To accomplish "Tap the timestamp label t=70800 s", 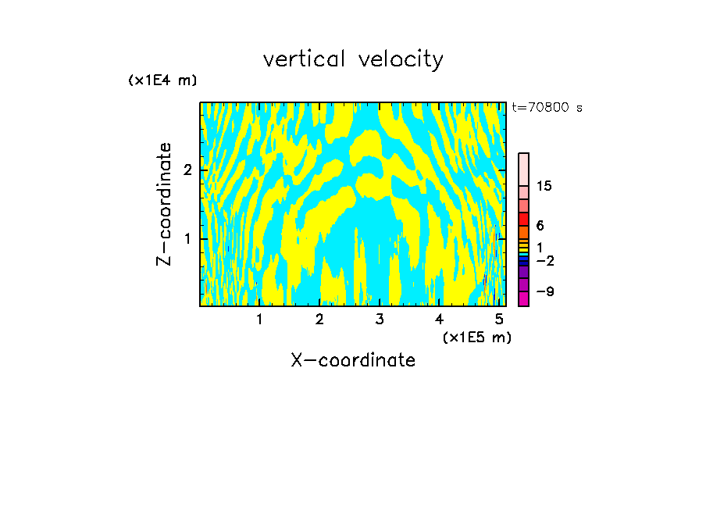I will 547,108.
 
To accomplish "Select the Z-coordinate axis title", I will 164,204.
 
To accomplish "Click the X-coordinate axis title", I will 353,360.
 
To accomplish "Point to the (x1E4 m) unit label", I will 162,80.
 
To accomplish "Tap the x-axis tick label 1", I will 259,319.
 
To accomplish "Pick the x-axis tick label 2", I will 319,319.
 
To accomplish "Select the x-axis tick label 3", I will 380,319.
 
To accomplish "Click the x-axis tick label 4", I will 440,319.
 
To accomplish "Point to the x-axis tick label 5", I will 499,319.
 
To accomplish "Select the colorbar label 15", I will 544,186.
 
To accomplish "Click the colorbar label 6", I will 540,225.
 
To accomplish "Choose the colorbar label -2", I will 544,260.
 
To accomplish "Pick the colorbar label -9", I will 544,291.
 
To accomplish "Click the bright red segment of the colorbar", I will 523,219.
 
